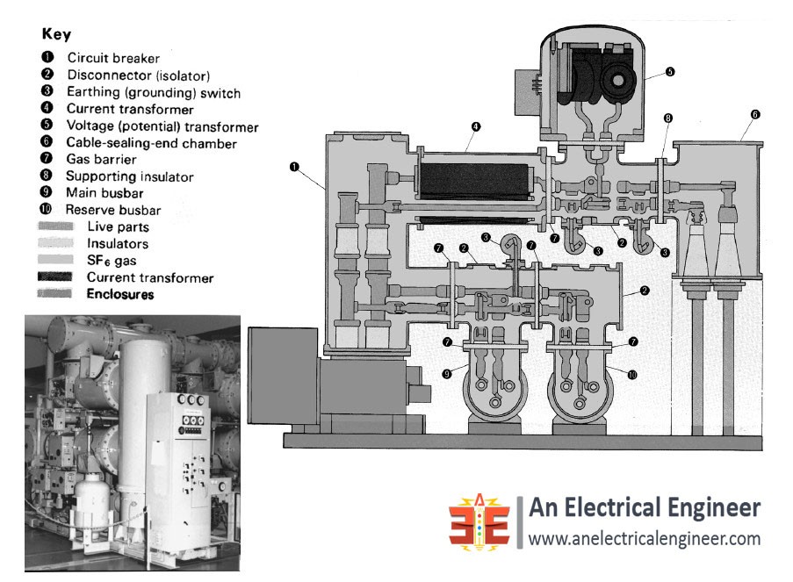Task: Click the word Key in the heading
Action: pos(56,35)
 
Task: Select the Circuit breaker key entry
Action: pos(113,58)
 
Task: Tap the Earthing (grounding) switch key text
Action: pos(153,92)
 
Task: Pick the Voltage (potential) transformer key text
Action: pos(162,126)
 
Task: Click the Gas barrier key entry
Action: pos(101,160)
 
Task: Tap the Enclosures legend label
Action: pos(119,295)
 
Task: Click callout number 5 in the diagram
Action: pos(670,72)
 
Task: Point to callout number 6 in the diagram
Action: pos(755,114)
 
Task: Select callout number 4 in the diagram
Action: pos(475,126)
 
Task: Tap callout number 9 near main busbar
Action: pos(448,374)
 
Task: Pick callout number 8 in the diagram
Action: pos(668,118)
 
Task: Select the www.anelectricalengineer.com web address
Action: pos(643,539)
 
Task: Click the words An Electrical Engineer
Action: pos(644,507)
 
